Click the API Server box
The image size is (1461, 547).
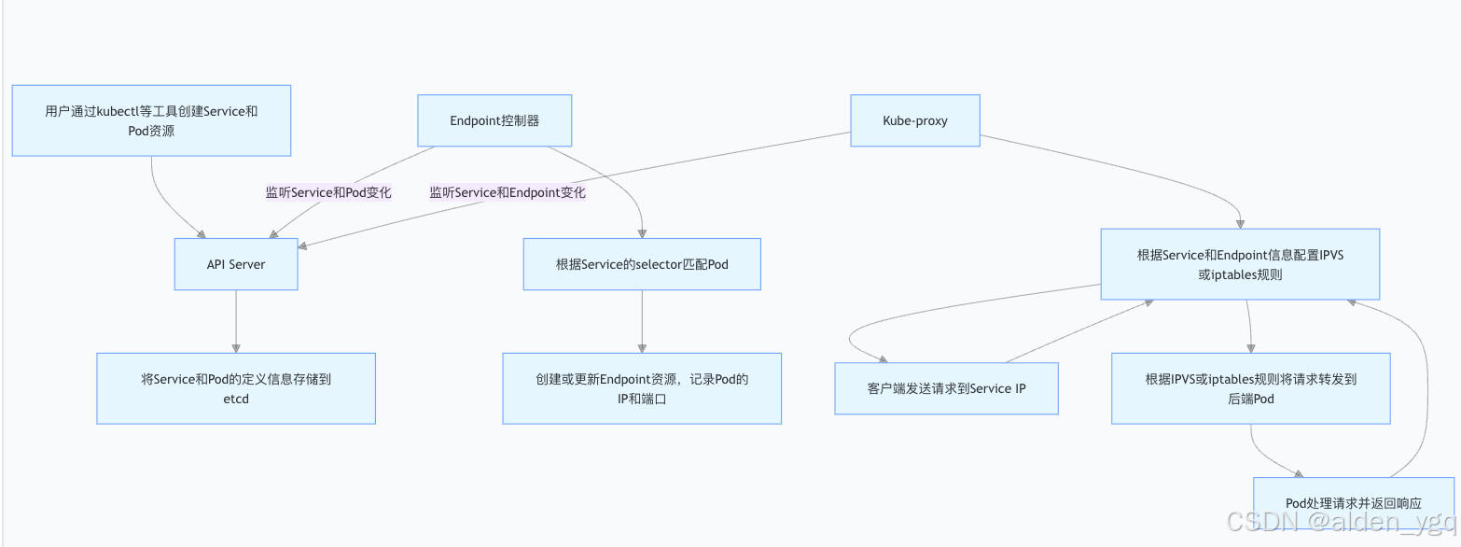pos(236,264)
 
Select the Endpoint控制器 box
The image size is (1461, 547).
pos(494,120)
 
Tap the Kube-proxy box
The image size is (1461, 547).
pos(914,120)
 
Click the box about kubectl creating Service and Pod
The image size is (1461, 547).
pos(151,120)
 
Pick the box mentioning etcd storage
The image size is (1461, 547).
pos(236,388)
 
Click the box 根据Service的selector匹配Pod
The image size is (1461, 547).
pos(642,264)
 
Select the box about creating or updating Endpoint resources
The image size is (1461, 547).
pos(642,388)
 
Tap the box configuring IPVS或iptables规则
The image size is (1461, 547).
pos(1239,264)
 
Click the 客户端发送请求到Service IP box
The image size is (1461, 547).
pos(946,388)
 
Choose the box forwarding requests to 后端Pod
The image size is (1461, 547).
pos(1250,388)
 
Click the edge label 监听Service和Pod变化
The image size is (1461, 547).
pos(328,192)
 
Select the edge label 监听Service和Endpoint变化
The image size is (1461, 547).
pos(508,192)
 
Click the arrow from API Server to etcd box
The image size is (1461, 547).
pos(236,322)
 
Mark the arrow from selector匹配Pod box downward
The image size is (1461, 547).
pos(642,322)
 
